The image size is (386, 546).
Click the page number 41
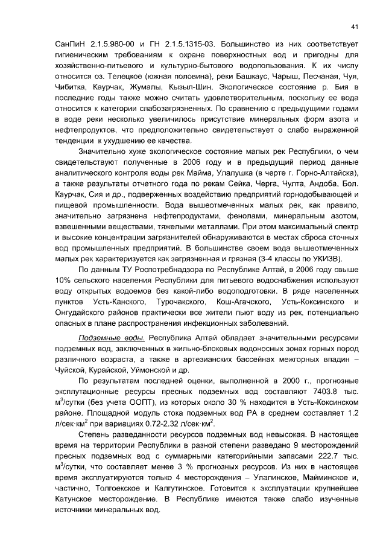[355, 26]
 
